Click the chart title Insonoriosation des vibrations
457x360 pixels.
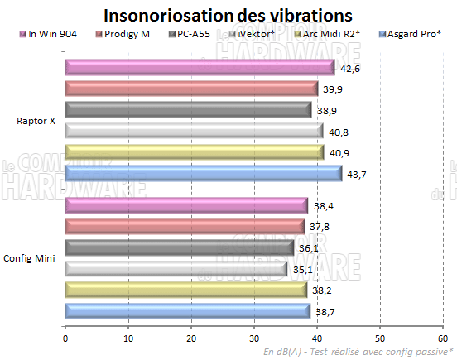228,15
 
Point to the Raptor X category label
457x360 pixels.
36,120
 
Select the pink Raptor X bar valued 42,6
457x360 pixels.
199,67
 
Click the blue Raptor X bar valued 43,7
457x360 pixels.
203,172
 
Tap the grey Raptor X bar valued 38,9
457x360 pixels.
188,109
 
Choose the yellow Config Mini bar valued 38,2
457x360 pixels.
185,290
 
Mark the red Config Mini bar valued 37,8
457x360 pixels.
184,226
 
